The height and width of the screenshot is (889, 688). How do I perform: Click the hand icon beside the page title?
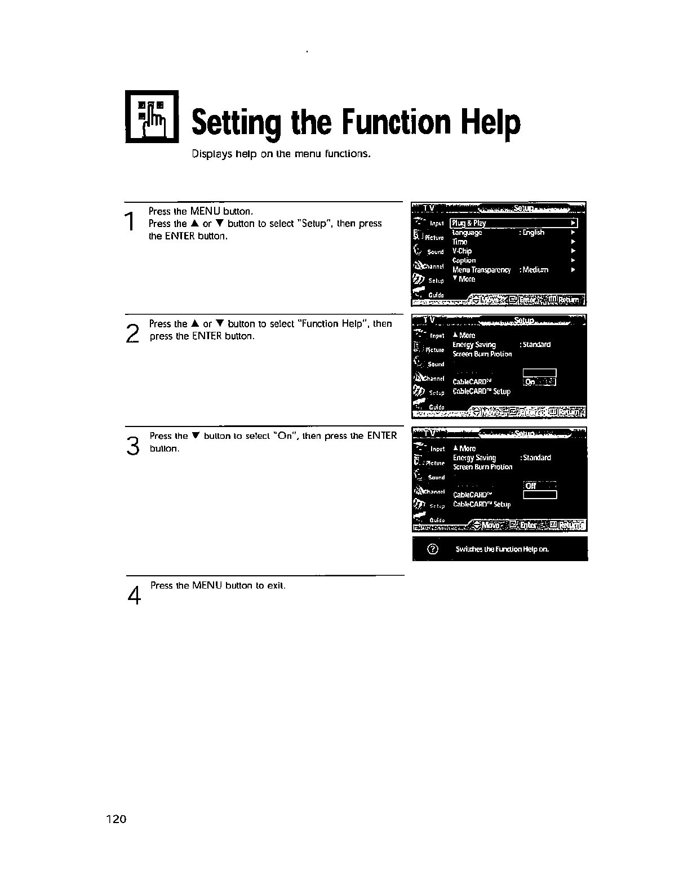click(x=152, y=117)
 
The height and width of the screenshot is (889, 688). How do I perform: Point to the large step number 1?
click(x=130, y=220)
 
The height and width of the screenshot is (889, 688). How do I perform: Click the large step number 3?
click(x=132, y=446)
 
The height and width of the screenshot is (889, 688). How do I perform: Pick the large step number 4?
click(x=134, y=595)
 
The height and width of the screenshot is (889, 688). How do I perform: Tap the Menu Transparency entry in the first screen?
click(x=482, y=270)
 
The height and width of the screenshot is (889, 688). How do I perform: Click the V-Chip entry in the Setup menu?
click(x=462, y=251)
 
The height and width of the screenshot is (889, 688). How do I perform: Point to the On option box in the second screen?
click(x=539, y=382)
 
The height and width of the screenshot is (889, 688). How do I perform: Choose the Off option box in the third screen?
click(x=539, y=486)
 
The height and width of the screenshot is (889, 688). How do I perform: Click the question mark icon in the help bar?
click(x=432, y=549)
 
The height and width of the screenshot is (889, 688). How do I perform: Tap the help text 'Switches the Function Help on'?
click(x=501, y=549)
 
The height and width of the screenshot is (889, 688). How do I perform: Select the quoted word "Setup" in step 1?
click(x=313, y=224)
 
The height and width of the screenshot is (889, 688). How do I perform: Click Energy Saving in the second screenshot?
click(x=474, y=345)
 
